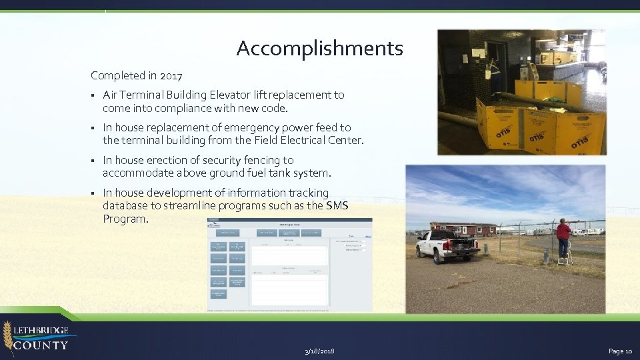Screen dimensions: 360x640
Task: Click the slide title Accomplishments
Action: (319, 49)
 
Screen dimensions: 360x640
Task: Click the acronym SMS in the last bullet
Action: (337, 205)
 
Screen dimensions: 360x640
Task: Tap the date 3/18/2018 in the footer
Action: (319, 351)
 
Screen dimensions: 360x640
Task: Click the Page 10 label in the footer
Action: (619, 351)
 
